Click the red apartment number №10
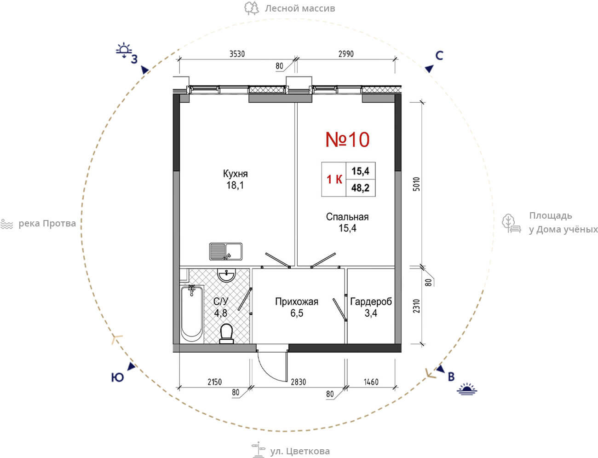click(x=347, y=139)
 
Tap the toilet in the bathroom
click(x=226, y=333)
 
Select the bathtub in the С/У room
click(x=191, y=313)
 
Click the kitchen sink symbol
click(x=225, y=252)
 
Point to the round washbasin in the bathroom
click(x=226, y=275)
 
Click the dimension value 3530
click(x=237, y=54)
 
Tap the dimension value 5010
click(x=416, y=184)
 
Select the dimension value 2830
click(x=299, y=382)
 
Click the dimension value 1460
click(x=371, y=382)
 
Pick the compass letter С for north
click(x=439, y=56)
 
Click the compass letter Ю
click(x=117, y=377)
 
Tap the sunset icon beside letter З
click(x=124, y=50)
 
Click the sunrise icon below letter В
click(x=467, y=389)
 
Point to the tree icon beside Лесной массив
click(x=252, y=8)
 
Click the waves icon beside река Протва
click(x=7, y=224)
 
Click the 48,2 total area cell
click(x=361, y=188)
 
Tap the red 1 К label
click(x=334, y=180)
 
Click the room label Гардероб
click(x=371, y=302)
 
